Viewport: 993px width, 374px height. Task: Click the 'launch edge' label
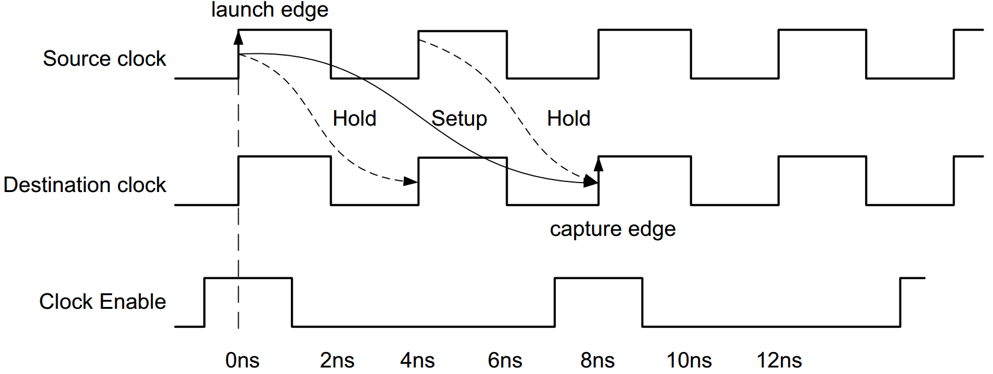click(270, 10)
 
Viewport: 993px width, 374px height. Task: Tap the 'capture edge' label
click(612, 229)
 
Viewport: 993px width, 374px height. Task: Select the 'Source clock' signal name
click(104, 59)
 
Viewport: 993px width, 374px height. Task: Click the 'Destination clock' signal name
click(85, 185)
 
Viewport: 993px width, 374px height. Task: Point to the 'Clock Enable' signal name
click(102, 302)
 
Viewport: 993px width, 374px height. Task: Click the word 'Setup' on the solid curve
click(459, 119)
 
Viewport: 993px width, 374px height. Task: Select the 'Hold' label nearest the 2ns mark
click(354, 119)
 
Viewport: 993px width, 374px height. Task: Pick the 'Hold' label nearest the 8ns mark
click(568, 119)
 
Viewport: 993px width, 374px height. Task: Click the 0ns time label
click(242, 360)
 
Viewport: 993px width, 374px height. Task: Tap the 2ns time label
click(337, 360)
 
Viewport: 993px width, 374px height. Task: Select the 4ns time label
click(418, 360)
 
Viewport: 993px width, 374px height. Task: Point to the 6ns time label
click(505, 360)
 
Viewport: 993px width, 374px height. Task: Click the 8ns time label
click(597, 360)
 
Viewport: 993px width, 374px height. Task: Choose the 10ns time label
click(689, 360)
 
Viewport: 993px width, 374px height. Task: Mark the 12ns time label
click(779, 360)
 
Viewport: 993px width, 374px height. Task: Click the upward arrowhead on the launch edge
click(238, 38)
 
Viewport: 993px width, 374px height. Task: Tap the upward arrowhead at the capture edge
click(598, 164)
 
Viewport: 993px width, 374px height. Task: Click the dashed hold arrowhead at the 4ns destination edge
click(411, 181)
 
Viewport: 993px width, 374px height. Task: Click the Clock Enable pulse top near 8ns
click(598, 278)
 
